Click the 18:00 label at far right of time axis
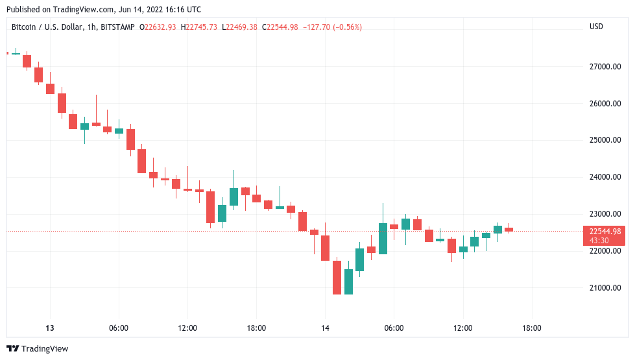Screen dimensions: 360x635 (x=531, y=328)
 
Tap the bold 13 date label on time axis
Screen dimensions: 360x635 (x=50, y=328)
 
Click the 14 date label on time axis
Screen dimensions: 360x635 (x=325, y=328)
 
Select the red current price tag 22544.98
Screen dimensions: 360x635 (x=603, y=232)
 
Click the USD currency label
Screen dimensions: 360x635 (x=596, y=27)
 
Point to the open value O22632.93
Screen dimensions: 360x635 (x=158, y=27)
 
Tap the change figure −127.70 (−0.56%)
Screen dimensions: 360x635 (x=331, y=27)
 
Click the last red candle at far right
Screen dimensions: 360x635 (x=509, y=229)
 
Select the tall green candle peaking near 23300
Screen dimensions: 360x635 (x=383, y=238)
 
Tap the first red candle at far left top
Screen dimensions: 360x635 (x=27, y=61)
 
